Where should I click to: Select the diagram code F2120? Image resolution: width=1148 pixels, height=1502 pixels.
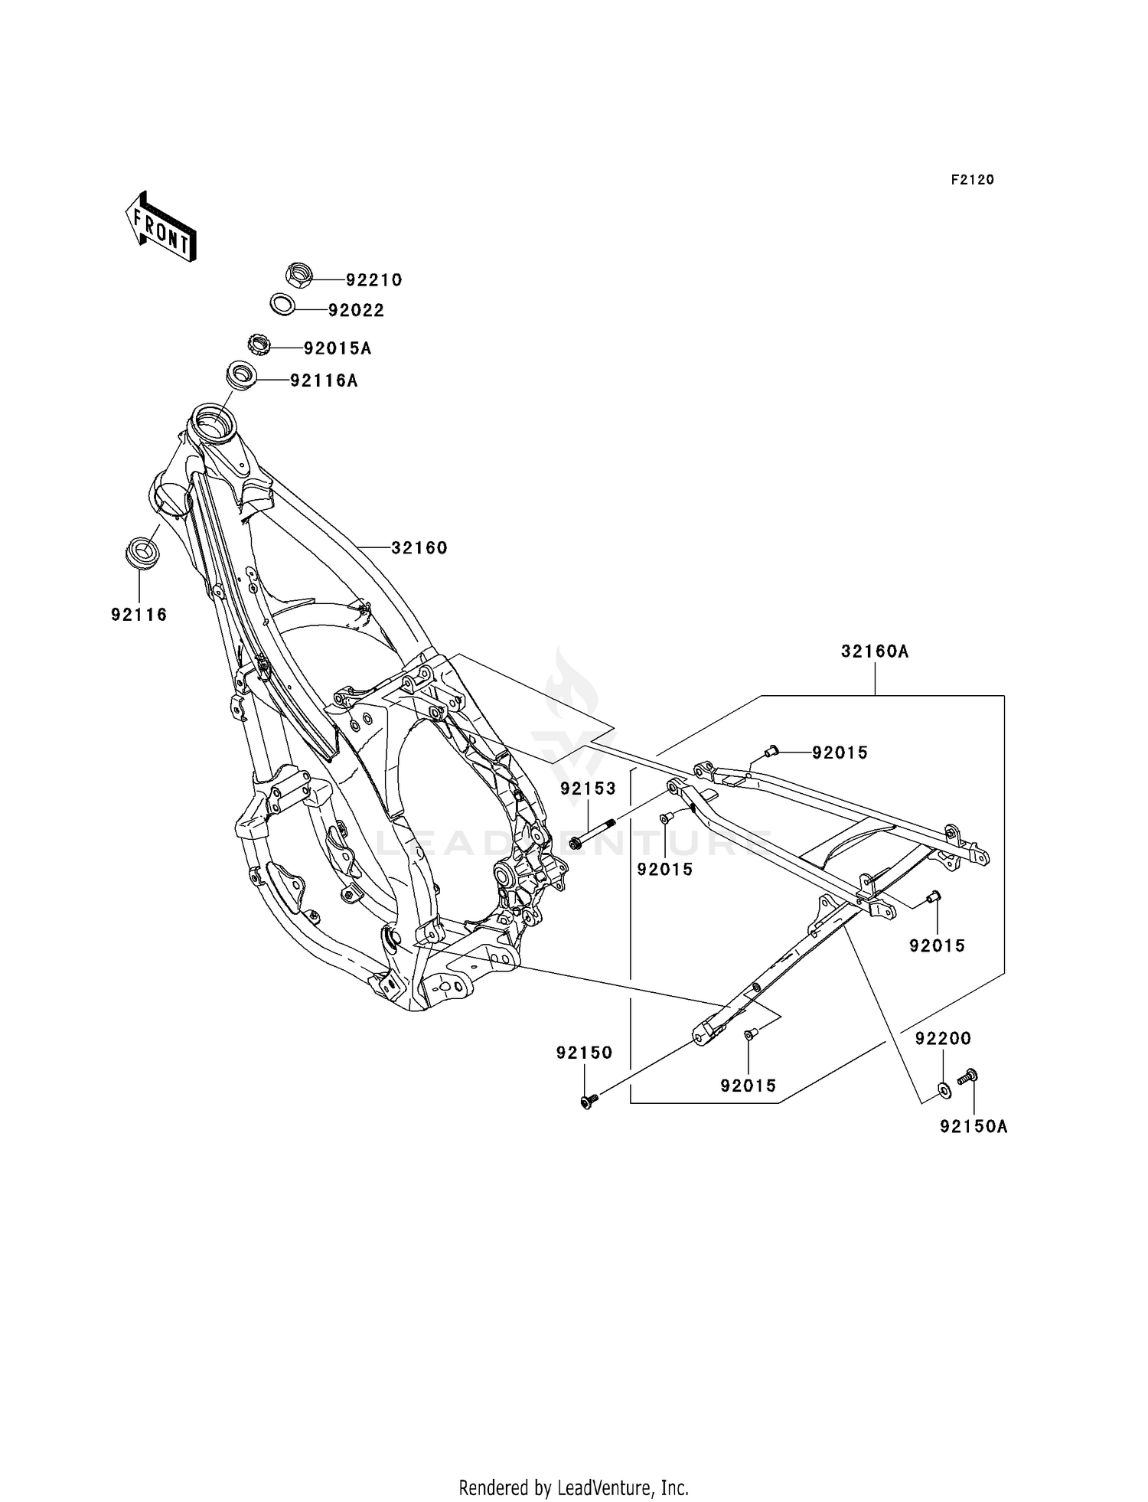973,180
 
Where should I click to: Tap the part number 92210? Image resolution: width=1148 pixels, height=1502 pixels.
373,280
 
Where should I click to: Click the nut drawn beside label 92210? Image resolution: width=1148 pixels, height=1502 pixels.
299,275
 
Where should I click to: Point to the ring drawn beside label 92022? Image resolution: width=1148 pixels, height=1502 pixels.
283,304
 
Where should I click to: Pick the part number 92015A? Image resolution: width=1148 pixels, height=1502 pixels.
338,348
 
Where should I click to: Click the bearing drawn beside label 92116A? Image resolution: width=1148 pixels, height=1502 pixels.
241,377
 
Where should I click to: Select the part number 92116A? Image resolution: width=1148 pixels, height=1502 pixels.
324,380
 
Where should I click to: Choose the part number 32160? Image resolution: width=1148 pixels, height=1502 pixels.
419,548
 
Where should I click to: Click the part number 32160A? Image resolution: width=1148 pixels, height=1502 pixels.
875,651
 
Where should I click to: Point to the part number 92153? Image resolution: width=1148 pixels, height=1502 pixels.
588,788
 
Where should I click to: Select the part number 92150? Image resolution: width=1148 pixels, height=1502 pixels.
585,1053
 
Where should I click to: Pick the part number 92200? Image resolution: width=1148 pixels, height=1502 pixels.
944,1038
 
